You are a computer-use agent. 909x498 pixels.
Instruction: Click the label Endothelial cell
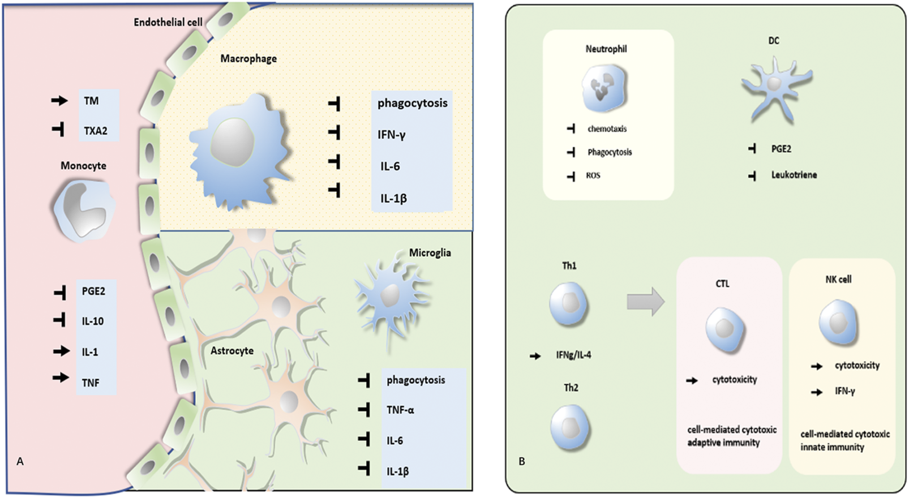[168, 22]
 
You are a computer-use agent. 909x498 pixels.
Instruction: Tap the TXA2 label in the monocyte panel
[95, 131]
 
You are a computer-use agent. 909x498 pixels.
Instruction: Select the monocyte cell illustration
[83, 209]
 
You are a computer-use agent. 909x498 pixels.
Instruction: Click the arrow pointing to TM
[59, 101]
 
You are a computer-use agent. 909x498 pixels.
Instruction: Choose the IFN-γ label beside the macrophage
[392, 135]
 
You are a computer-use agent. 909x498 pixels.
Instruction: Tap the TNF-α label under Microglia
[400, 410]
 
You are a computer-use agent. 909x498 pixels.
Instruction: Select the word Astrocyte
[232, 351]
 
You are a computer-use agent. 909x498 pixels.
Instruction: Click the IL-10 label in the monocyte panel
[93, 321]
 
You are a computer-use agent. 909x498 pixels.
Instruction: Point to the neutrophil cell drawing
[604, 88]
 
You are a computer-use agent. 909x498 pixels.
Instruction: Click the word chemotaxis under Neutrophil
[607, 129]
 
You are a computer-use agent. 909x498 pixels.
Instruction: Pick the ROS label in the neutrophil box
[593, 176]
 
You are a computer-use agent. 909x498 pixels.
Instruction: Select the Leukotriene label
[794, 175]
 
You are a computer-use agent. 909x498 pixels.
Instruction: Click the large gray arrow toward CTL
[645, 301]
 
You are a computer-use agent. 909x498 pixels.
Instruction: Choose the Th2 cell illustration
[570, 427]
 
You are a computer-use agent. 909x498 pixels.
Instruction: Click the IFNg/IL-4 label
[573, 355]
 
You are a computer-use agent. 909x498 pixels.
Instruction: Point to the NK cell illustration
[838, 323]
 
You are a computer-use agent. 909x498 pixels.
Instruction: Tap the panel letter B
[521, 461]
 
